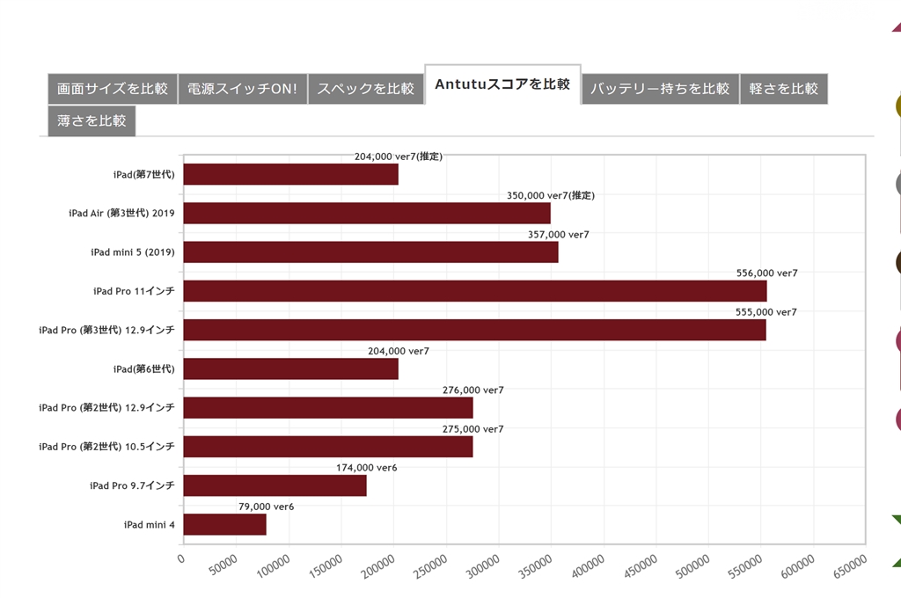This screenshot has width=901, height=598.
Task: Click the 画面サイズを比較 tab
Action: [112, 89]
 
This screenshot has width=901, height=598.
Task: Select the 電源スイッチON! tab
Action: [242, 89]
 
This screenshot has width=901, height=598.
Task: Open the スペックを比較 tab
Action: [365, 89]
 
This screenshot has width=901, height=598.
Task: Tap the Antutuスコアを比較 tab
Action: [502, 84]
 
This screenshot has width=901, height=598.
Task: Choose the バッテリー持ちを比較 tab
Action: [660, 89]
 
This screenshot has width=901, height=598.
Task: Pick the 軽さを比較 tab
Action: [783, 89]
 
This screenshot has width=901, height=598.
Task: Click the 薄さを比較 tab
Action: [92, 121]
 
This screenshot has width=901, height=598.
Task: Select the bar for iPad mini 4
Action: [224, 524]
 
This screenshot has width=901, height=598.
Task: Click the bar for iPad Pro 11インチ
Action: [475, 291]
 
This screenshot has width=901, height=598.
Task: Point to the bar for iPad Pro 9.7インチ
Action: [275, 485]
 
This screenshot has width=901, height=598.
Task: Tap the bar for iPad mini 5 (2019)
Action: [370, 252]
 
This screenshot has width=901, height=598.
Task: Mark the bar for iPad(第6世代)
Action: [290, 368]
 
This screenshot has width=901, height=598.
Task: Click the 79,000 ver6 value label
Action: [266, 507]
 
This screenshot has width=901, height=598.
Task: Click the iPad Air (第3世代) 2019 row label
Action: [121, 214]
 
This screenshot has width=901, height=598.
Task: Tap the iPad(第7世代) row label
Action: [143, 174]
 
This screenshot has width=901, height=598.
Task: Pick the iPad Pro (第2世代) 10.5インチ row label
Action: [106, 447]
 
